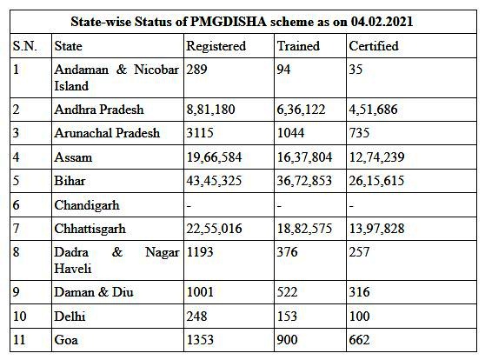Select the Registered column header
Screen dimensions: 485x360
click(x=215, y=44)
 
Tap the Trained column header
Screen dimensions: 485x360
click(x=297, y=44)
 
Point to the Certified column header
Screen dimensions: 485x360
click(x=374, y=44)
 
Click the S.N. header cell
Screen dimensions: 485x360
click(x=23, y=44)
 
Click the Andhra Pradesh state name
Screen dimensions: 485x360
click(x=98, y=110)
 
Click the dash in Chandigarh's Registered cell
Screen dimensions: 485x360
click(x=189, y=206)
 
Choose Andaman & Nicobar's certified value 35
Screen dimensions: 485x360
click(x=355, y=69)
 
